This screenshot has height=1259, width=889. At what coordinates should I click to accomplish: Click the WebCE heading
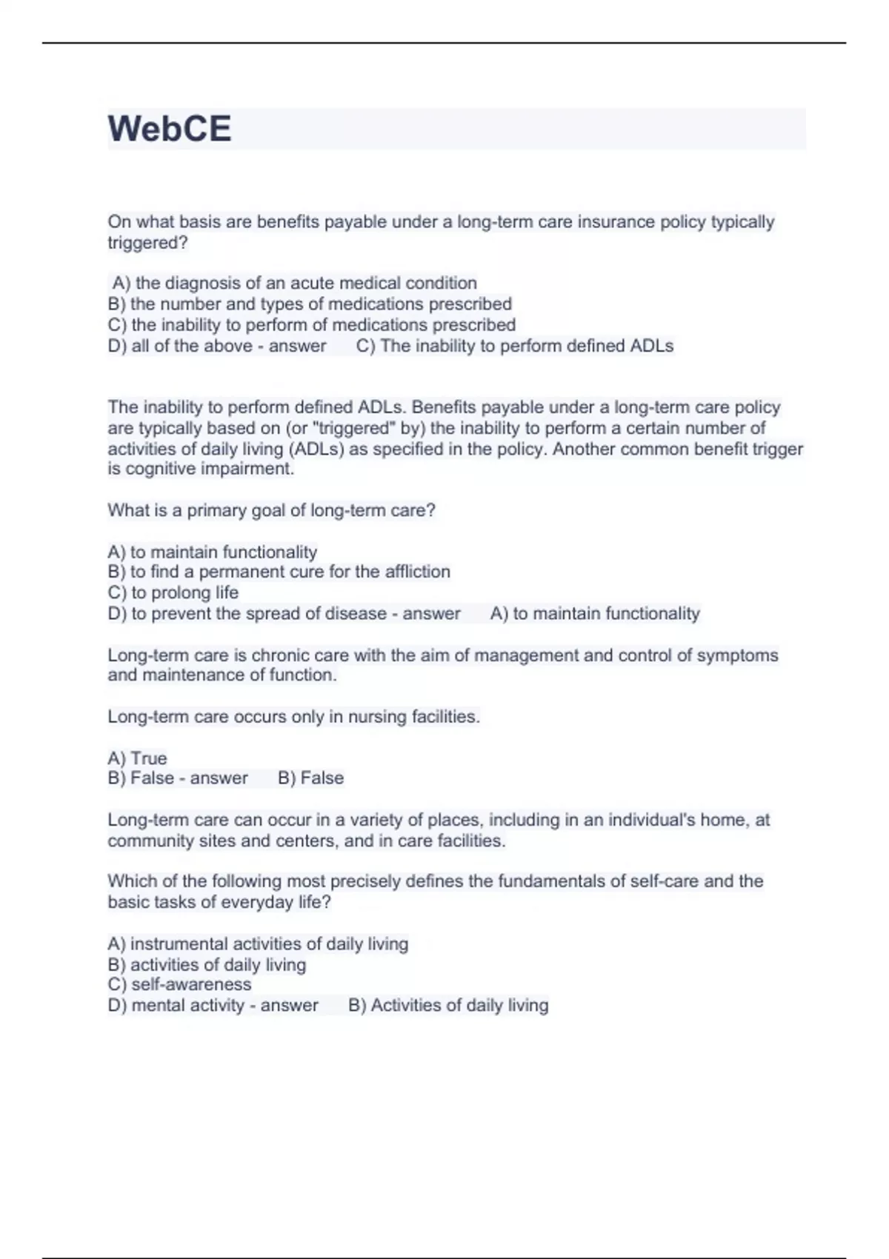pos(170,129)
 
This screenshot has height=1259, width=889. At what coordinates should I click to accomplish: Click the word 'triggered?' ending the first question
pos(147,243)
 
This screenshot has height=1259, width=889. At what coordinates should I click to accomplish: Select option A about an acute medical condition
pos(294,283)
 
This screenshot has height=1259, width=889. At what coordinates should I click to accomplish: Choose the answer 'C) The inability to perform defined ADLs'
pos(515,346)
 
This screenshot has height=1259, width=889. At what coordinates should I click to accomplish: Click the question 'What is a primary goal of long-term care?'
pos(271,510)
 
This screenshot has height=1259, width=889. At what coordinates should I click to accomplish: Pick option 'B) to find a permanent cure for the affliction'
pos(279,572)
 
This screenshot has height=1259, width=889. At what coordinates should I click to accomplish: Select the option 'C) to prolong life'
pos(173,592)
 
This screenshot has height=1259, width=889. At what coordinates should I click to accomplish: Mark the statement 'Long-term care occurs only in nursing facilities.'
pos(293,716)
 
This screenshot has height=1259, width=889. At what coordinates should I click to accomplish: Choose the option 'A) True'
pos(137,758)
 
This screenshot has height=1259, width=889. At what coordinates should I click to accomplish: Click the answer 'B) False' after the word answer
pos(310,778)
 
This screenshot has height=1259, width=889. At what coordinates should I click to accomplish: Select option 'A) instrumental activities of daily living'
pos(258,944)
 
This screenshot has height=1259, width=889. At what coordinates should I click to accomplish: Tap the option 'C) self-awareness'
pos(179,984)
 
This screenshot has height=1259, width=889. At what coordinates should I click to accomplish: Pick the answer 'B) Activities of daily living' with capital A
pos(448,1005)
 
